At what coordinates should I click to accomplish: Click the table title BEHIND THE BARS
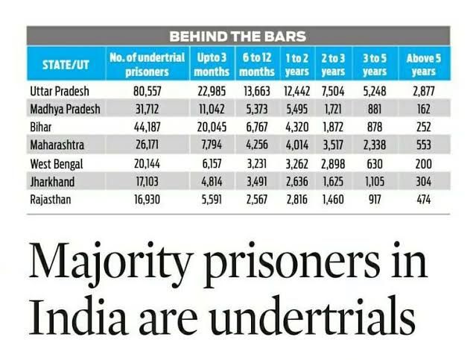coord(238,35)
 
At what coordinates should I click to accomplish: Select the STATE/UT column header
coord(64,64)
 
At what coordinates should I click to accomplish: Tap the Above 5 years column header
coord(423,64)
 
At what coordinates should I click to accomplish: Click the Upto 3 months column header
coord(213,64)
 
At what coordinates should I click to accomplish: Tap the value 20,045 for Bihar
coord(213,126)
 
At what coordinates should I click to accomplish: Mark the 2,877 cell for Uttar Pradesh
coord(423,92)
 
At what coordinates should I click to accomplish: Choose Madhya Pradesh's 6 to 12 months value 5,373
coord(256,109)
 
